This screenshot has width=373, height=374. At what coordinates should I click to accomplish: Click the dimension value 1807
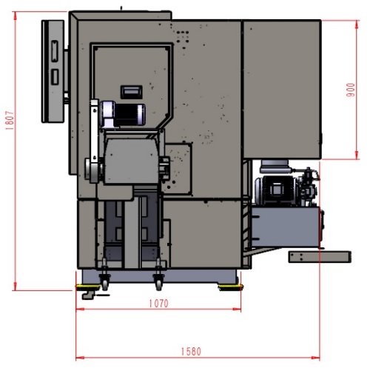point(10,121)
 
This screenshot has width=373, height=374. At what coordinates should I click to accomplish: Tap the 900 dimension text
point(351,90)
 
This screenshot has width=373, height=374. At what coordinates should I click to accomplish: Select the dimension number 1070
point(159,304)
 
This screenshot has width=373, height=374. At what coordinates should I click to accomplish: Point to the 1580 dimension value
point(191,352)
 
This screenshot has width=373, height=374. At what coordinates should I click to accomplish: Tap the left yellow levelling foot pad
point(88,287)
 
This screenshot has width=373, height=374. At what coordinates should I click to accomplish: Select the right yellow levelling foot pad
point(230,287)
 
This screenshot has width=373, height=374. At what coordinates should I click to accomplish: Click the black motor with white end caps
point(123,114)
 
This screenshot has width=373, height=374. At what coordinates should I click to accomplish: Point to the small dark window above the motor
point(132,92)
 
